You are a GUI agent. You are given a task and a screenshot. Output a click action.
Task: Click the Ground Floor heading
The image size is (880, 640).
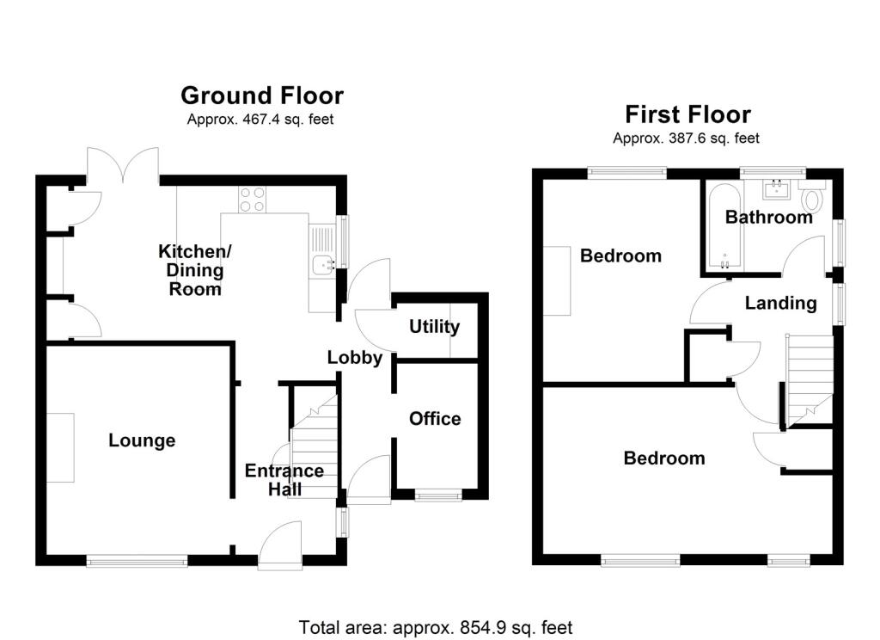click(x=261, y=95)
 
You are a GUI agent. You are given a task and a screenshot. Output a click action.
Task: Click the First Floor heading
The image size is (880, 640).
click(x=687, y=114)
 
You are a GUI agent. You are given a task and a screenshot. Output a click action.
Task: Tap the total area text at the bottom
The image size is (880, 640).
click(x=436, y=627)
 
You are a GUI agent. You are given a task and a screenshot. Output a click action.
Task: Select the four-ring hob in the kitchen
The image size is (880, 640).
click(x=252, y=200)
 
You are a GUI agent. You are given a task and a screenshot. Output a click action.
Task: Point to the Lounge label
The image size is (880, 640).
click(x=142, y=440)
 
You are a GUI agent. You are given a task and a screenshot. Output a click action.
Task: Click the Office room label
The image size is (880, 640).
click(x=435, y=419)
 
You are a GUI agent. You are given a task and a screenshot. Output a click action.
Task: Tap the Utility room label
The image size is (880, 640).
click(x=434, y=327)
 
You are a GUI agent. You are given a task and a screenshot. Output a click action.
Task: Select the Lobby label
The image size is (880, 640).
click(x=354, y=358)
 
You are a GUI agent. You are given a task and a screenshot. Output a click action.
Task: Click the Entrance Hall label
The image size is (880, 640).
click(x=284, y=480)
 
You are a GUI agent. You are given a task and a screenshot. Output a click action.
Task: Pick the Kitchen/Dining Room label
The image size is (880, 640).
click(x=195, y=270)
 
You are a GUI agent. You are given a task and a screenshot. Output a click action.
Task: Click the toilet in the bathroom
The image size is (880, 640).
click(x=811, y=199)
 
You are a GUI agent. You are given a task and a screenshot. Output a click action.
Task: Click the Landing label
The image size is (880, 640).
click(x=780, y=303)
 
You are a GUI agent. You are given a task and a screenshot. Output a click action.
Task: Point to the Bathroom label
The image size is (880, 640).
click(x=768, y=218)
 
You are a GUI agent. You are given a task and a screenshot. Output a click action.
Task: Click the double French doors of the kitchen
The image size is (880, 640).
click(x=122, y=166)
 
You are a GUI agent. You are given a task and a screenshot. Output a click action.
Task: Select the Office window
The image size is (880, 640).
click(x=438, y=495)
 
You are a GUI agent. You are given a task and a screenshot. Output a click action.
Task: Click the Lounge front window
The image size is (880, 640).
click(x=137, y=561)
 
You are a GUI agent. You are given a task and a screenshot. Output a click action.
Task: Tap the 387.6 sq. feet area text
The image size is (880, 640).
click(x=686, y=138)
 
